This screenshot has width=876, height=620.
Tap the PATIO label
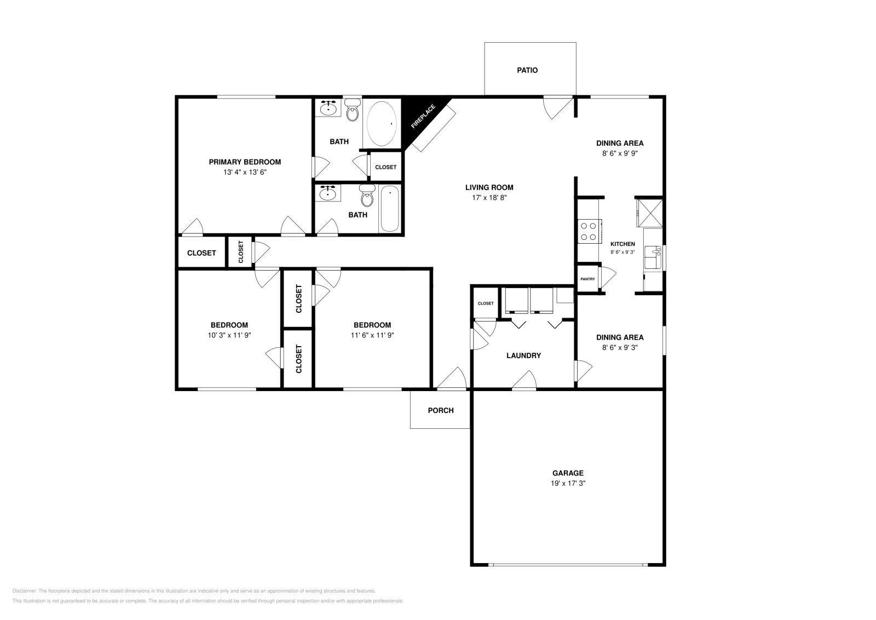tap(527, 70)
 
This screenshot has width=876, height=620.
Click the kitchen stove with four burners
tap(589, 231)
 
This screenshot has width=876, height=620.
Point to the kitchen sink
tap(653, 257)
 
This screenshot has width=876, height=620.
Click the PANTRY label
tap(587, 279)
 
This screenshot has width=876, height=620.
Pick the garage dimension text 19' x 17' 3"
tap(568, 483)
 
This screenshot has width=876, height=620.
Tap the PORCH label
tap(440, 410)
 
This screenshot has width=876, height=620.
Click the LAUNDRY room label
tap(523, 355)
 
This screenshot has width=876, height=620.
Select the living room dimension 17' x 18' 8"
tap(489, 198)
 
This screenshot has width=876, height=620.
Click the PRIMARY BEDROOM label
tap(245, 162)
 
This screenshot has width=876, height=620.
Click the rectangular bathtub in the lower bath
tap(390, 209)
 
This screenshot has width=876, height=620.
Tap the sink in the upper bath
tap(328, 108)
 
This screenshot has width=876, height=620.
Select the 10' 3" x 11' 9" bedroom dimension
tap(229, 335)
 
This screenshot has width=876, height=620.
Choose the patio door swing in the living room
tap(557, 107)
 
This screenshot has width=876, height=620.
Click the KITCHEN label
tap(623, 244)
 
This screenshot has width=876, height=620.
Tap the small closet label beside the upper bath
tap(385, 167)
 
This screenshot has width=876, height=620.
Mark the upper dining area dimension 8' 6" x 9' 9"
tap(620, 153)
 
